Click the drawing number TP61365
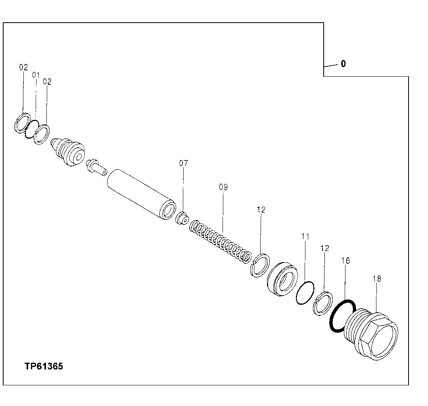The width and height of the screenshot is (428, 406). click(x=44, y=366)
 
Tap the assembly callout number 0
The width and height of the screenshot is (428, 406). click(x=343, y=64)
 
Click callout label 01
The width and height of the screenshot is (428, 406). click(x=36, y=75)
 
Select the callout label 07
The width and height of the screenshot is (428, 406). click(x=183, y=163)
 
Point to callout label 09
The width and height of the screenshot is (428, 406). click(x=223, y=187)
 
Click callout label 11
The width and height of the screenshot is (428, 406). click(x=305, y=236)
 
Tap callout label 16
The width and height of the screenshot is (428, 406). click(x=345, y=261)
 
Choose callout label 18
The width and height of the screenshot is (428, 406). click(x=376, y=279)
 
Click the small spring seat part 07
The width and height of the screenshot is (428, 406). click(x=183, y=218)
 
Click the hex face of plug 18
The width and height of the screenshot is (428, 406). click(x=383, y=340)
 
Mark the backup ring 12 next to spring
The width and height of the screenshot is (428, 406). click(x=260, y=265)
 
